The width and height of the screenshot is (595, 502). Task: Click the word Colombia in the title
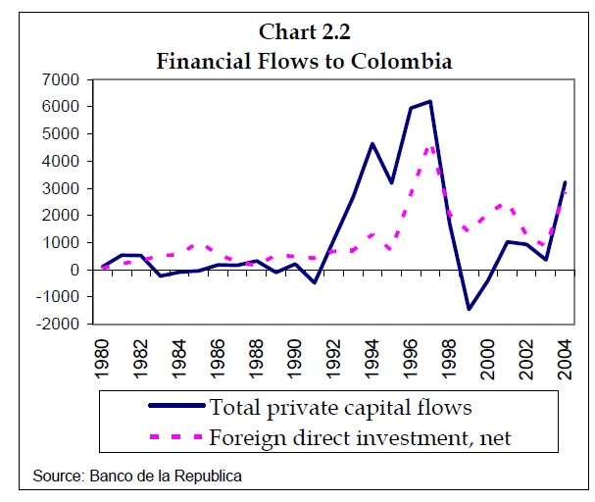pos(402,60)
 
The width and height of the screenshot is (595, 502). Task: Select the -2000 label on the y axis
pos(60,325)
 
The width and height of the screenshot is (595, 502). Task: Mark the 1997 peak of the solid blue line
pos(430,101)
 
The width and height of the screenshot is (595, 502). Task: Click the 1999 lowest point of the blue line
pos(469,309)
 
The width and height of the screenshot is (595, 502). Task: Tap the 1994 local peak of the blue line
pos(372,143)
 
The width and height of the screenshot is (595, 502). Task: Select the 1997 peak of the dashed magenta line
pos(430,147)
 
